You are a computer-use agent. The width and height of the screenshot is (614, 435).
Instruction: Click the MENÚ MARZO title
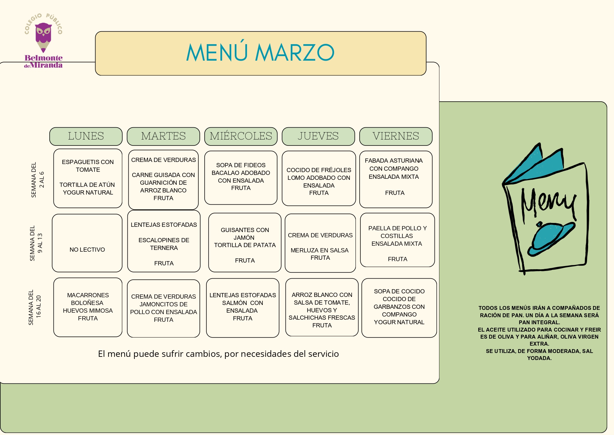[260, 53]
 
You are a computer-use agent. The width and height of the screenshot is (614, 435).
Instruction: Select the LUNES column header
[86, 136]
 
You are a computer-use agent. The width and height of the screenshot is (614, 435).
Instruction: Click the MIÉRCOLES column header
[241, 136]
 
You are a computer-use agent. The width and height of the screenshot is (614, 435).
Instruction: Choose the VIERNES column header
[396, 136]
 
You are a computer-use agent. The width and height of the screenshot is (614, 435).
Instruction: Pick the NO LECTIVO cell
[87, 250]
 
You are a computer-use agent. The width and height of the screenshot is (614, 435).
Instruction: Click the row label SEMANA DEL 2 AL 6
[37, 180]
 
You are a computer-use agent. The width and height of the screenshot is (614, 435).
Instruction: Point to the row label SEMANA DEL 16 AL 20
[35, 307]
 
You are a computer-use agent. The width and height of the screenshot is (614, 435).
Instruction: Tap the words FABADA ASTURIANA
[394, 161]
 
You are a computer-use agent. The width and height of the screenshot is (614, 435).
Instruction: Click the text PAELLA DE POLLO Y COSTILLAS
[397, 232]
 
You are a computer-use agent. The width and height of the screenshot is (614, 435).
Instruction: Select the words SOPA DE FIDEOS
[241, 165]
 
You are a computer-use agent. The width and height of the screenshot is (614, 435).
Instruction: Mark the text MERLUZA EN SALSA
[319, 250]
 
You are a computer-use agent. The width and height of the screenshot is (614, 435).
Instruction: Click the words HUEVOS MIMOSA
[88, 311]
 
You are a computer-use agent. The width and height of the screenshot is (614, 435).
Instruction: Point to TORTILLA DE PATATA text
[245, 245]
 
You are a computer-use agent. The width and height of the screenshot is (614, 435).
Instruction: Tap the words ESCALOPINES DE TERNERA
[164, 244]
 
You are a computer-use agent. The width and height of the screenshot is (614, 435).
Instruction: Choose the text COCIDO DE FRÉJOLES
[319, 170]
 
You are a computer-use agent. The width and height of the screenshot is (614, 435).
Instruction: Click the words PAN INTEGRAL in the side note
[539, 322]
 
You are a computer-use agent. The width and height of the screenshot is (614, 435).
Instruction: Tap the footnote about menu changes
[218, 354]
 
